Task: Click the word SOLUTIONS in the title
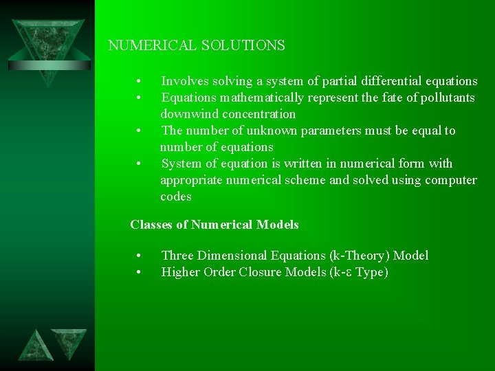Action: pyautogui.click(x=243, y=46)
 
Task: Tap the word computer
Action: pyautogui.click(x=451, y=180)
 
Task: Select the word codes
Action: pyautogui.click(x=176, y=196)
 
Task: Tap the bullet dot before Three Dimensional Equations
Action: pyautogui.click(x=139, y=256)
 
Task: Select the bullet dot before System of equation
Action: pyautogui.click(x=139, y=164)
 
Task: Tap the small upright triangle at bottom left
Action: pyautogui.click(x=35, y=346)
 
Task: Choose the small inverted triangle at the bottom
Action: pyautogui.click(x=69, y=341)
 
